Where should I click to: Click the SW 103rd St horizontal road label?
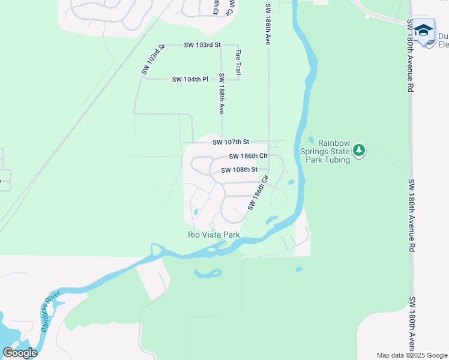202,45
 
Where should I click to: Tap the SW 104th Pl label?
190,79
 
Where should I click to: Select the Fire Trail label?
238,62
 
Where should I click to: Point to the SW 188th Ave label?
221,94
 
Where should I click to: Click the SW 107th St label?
231,142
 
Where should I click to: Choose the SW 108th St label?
239,170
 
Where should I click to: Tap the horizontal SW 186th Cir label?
247,156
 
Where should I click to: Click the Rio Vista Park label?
214,235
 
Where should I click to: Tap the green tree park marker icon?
359,150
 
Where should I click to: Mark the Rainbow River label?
51,311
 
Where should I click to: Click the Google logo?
20,353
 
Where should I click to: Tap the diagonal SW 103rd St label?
152,59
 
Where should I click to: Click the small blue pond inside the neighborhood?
195,212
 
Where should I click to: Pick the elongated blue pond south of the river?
207,274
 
